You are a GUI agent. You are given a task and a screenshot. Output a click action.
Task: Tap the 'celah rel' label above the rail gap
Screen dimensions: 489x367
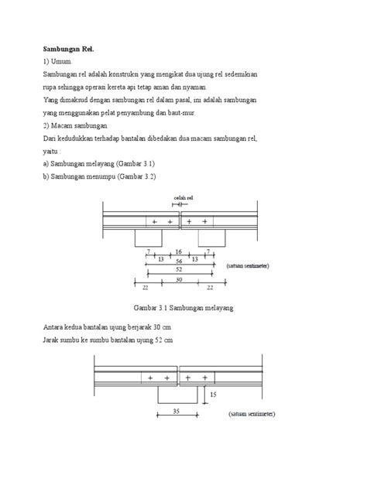click(x=183, y=198)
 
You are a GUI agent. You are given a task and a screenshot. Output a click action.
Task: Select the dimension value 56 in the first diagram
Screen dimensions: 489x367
click(x=178, y=262)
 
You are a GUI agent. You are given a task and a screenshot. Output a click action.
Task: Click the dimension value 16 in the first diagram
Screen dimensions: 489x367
click(x=179, y=252)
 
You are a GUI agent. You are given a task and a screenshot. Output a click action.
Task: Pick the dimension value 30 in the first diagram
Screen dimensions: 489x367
click(x=179, y=280)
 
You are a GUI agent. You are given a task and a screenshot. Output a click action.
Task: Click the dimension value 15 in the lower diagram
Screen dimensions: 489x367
click(x=213, y=394)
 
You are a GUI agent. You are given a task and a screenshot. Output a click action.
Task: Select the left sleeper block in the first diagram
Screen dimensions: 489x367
click(x=147, y=238)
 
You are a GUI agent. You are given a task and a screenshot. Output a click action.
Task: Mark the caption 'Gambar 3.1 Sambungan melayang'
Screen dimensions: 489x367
click(x=179, y=308)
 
